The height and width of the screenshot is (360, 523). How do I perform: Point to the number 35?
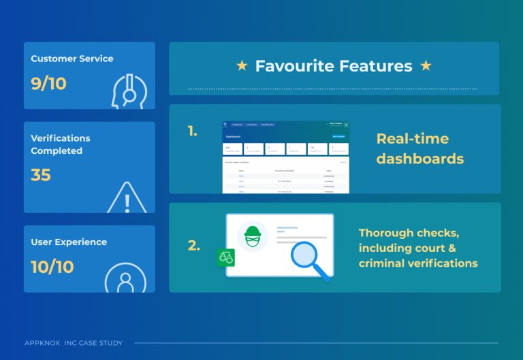pos(41,175)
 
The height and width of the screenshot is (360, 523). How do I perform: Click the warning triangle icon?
pos(127,198)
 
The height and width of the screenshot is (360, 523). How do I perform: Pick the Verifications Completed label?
pos(61,144)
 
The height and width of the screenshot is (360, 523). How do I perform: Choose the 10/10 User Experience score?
pos(52,267)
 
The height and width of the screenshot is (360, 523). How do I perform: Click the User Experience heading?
pos(69,242)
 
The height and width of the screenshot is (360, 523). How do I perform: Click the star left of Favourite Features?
pos(242,66)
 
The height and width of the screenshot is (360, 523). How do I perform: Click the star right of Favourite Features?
pos(426,66)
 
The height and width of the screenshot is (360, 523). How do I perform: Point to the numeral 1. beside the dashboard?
pos(193,131)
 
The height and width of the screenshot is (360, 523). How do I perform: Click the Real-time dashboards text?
pos(419,149)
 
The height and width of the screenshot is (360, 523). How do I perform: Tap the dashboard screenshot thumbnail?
pos(285,157)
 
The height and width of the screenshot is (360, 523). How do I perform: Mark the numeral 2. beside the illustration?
pos(193,246)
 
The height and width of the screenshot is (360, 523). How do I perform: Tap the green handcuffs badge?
pos(225,259)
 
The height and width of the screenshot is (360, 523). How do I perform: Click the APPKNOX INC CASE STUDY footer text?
pos(74,342)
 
